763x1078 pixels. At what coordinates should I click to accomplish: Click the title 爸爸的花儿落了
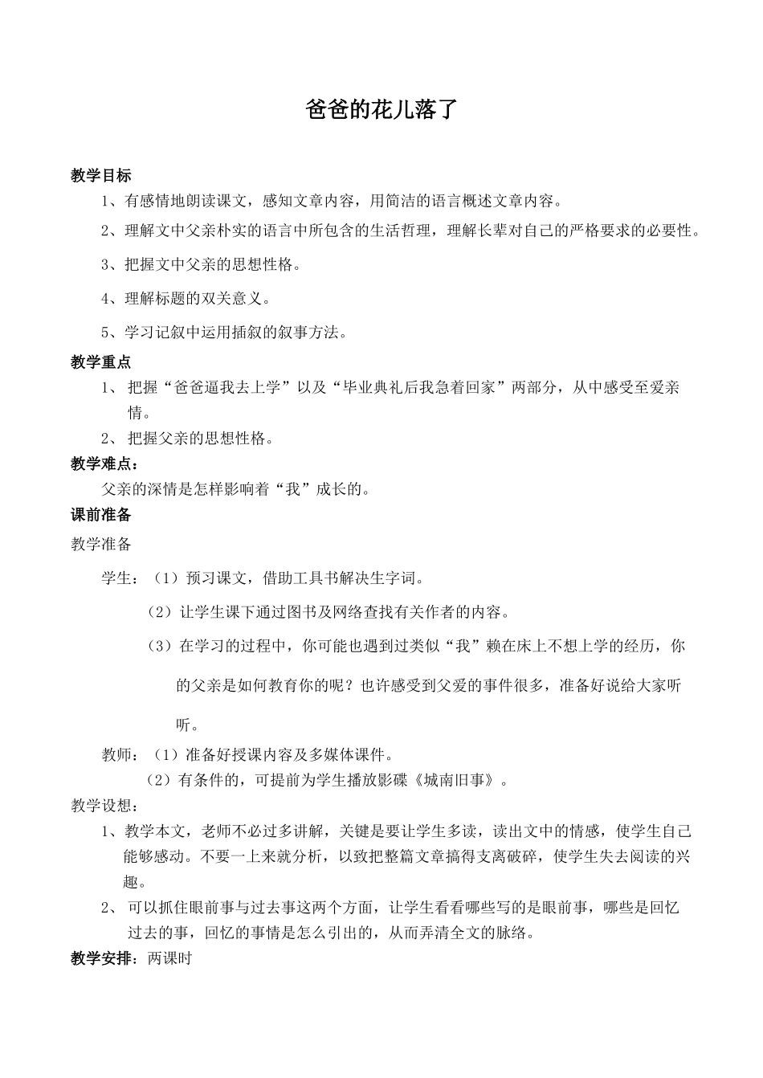pos(381,109)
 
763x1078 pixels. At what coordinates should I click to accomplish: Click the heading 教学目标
pos(100,176)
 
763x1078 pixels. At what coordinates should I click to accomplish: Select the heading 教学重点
pos(100,363)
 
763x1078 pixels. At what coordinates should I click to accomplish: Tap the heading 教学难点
pos(104,463)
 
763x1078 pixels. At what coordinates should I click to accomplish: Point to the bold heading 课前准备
pos(100,515)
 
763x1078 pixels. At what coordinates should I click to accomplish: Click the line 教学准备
pos(100,545)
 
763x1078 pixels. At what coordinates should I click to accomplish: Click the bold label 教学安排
pos(100,958)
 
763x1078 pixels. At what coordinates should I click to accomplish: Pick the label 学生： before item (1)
pos(120,578)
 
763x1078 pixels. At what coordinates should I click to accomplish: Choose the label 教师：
pos(120,755)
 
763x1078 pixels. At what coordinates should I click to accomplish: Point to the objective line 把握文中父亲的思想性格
pos(213,264)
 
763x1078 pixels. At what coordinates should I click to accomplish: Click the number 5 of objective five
pos(105,333)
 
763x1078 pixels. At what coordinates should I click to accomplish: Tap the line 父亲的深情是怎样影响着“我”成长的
pos(235,489)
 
